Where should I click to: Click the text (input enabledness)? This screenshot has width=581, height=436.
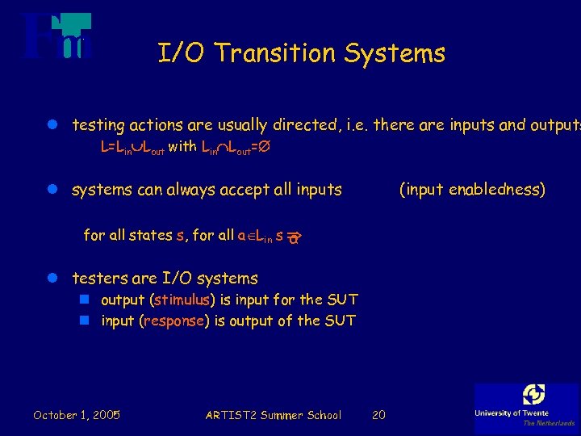(x=472, y=190)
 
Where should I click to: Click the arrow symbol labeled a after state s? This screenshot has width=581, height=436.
(x=294, y=237)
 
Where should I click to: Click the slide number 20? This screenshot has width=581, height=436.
(x=378, y=415)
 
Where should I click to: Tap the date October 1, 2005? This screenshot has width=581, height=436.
(x=77, y=415)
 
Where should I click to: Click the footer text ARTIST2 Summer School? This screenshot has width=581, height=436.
(x=273, y=415)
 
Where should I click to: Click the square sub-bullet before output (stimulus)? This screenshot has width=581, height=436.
(x=83, y=300)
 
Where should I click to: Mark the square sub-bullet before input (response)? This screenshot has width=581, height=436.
(x=83, y=321)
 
